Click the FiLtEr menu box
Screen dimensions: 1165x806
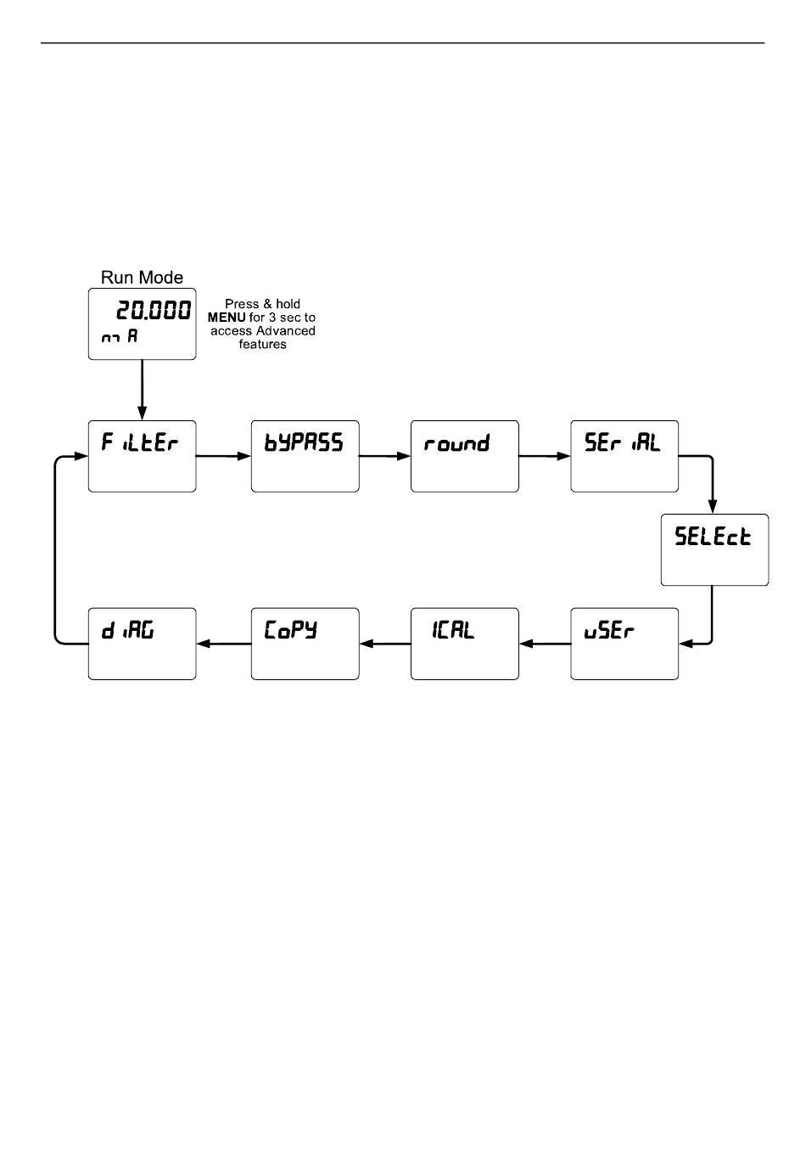[142, 456]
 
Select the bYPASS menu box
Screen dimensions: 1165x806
[305, 456]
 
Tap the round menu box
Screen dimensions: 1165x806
[464, 456]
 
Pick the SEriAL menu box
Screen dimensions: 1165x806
[624, 456]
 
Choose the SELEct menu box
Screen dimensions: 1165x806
[714, 549]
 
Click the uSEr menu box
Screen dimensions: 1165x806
[624, 644]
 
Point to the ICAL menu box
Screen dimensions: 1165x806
[464, 644]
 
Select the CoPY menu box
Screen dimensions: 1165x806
[305, 644]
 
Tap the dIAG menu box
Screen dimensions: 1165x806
[142, 644]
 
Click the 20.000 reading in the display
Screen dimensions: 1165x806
[154, 311]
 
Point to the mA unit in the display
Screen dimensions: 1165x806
[120, 336]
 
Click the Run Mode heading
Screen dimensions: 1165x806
[142, 278]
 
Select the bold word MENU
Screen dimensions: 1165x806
[227, 318]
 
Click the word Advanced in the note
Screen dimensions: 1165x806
[286, 331]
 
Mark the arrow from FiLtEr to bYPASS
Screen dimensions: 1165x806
[223, 456]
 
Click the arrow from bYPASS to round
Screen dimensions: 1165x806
[384, 456]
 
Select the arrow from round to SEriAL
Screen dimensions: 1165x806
[544, 456]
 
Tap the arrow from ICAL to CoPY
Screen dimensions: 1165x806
[384, 644]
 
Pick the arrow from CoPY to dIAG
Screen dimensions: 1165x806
[223, 644]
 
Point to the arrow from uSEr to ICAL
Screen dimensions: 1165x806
[544, 644]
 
